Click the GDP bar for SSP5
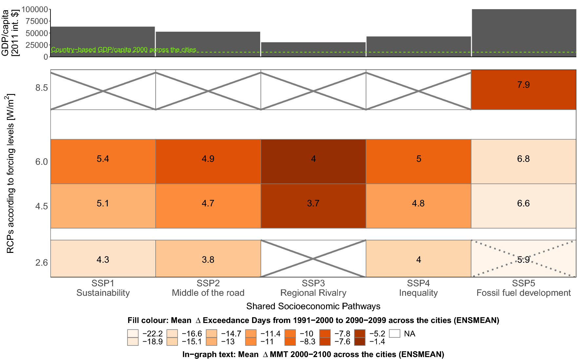pos(524,33)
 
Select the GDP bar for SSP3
pos(313,49)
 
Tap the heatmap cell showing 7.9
pos(523,89)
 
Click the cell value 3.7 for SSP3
pos(313,203)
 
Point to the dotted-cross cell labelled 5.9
pos(523,259)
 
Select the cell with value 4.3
pos(103,259)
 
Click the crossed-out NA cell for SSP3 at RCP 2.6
pos(313,258)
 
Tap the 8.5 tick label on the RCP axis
pos(42,88)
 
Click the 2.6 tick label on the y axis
pos(42,263)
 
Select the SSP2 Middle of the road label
pos(208,288)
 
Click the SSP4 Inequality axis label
pos(418,288)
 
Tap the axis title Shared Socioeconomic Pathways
pos(313,306)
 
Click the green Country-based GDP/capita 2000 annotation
pos(124,50)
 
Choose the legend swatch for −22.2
pos(133,333)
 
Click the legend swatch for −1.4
pos(360,342)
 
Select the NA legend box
pos(395,333)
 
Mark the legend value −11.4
pos(270,333)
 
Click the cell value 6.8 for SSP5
pos(523,159)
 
